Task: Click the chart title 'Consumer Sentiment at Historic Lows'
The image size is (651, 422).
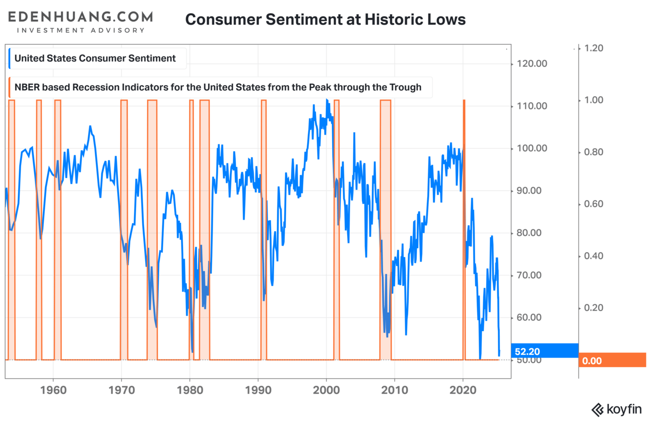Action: coord(325,20)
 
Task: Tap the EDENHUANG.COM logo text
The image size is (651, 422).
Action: coord(80,17)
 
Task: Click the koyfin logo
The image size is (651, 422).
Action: coord(619,409)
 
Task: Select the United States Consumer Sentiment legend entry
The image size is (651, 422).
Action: coord(95,58)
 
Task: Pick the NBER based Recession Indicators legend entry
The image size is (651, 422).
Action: coord(217,87)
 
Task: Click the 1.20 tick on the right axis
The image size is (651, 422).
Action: coord(593,48)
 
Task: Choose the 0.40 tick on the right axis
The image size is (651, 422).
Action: coord(593,256)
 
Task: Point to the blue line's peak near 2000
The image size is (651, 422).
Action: coord(327,100)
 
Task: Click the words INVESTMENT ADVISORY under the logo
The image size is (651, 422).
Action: coord(81,30)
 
